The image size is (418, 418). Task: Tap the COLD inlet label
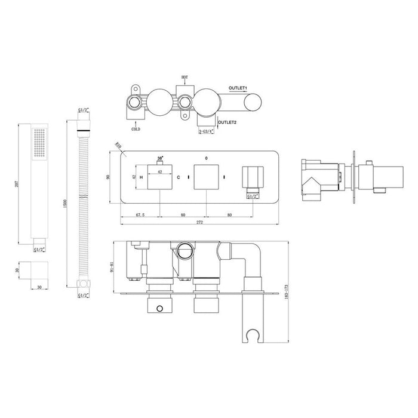tap(136, 128)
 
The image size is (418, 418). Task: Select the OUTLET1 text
tap(240, 88)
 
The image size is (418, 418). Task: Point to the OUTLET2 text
tap(228, 122)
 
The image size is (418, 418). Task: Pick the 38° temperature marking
tap(160, 159)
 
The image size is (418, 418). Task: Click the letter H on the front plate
tap(141, 177)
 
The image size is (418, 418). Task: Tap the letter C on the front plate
tap(178, 177)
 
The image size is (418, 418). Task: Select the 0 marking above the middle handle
tap(206, 159)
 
